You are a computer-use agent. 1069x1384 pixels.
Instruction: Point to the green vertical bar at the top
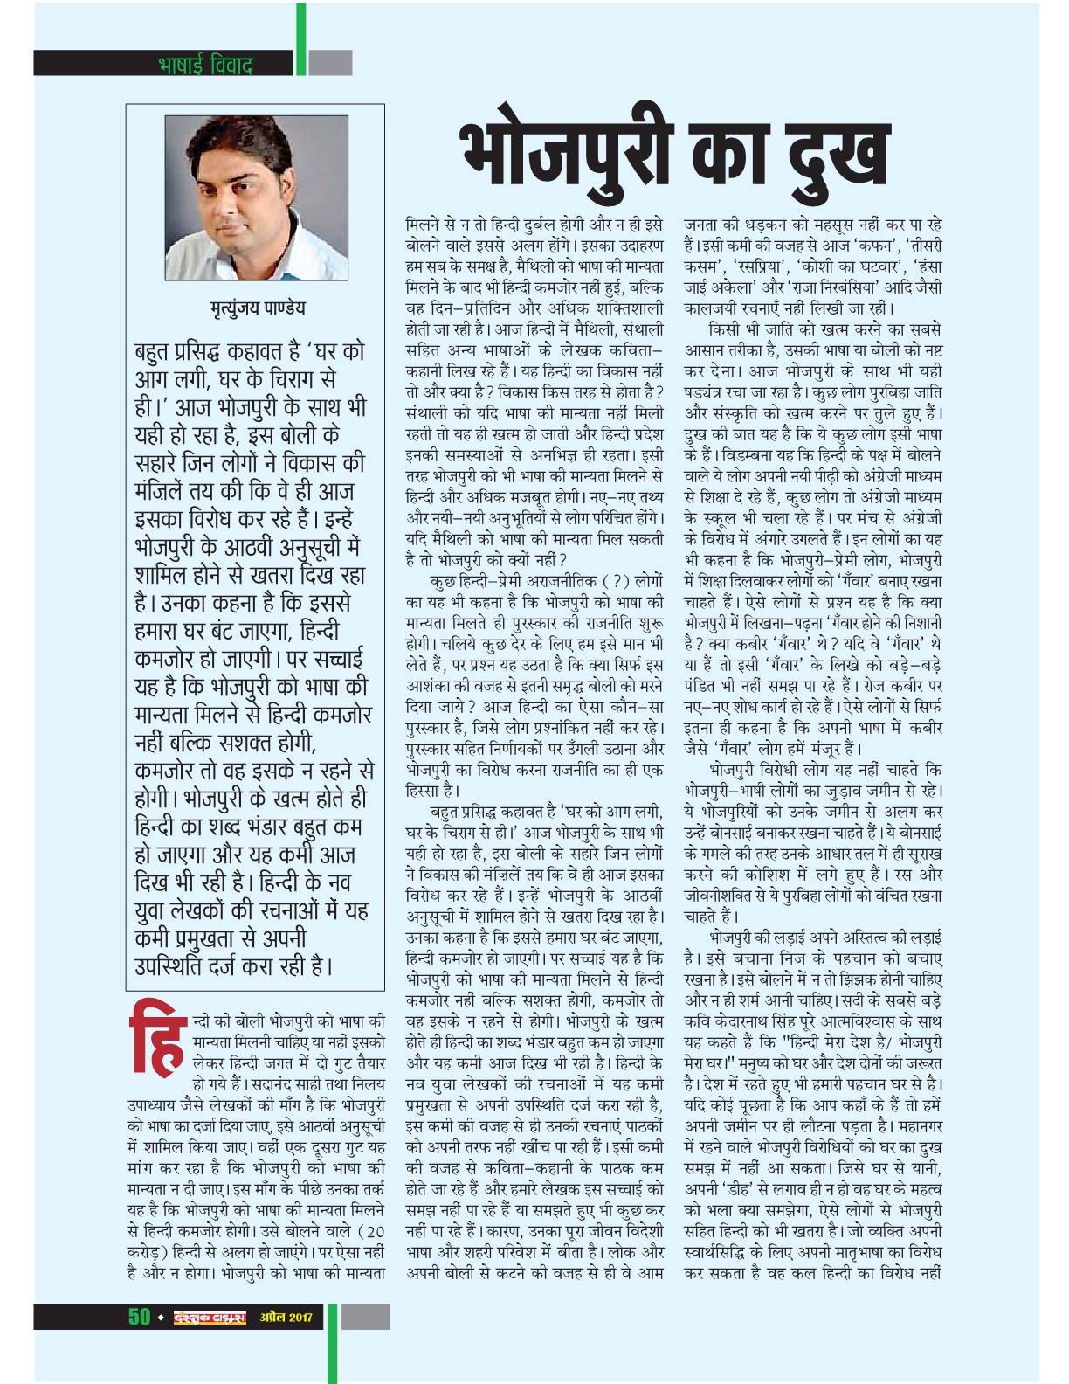(x=300, y=39)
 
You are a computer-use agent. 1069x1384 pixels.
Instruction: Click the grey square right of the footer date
(x=365, y=1317)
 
